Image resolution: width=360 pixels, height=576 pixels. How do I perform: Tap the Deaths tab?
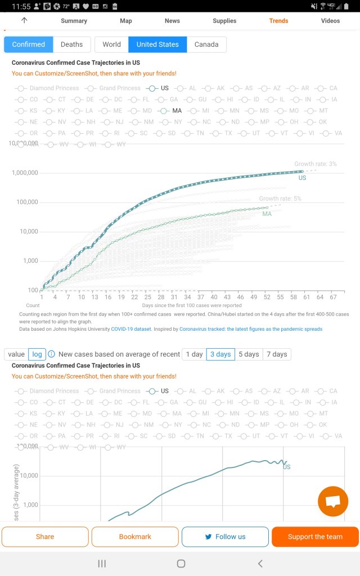[x=71, y=44]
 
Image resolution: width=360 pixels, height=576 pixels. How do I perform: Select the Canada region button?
[x=206, y=44]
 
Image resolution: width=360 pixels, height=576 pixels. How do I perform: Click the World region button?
[x=111, y=44]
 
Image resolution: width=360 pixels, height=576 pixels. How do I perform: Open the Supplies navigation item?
[x=224, y=21]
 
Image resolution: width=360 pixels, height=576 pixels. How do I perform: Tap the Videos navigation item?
[x=330, y=21]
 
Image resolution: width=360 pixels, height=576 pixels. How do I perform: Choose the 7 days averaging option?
[x=277, y=354]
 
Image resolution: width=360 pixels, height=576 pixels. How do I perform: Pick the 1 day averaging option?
[x=194, y=354]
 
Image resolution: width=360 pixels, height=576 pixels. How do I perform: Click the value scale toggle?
[x=16, y=354]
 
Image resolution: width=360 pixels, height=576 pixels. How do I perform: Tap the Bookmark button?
[x=135, y=537]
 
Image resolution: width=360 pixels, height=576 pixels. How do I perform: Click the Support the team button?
[x=315, y=537]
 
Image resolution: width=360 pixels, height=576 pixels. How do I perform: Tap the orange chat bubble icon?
[x=332, y=501]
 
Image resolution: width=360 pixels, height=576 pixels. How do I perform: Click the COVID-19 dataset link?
[x=131, y=329]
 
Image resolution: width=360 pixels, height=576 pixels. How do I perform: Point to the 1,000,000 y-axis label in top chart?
[x=25, y=173]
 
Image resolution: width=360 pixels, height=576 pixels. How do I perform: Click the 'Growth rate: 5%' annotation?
[x=280, y=199]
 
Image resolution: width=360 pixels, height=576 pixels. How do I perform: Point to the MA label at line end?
[x=267, y=214]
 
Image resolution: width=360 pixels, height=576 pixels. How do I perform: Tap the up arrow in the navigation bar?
[x=24, y=20]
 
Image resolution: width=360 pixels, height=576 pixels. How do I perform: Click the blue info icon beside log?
[x=51, y=354]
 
